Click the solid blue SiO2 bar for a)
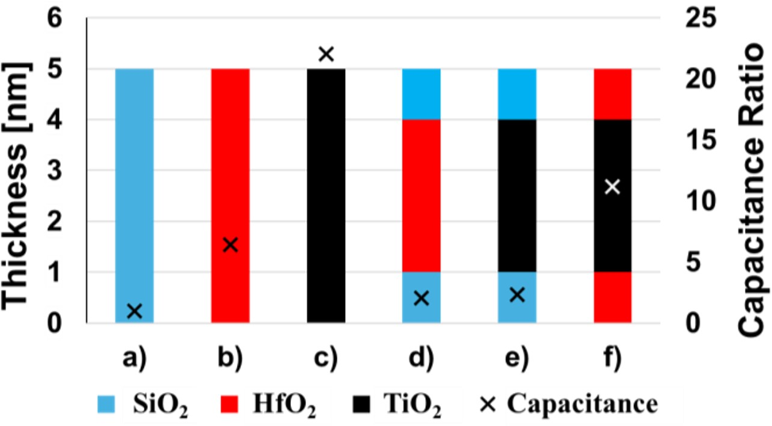point(134,180)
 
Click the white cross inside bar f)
point(612,187)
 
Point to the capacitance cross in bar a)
point(135,311)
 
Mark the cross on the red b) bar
point(230,245)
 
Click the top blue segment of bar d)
point(421,94)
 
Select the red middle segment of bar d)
point(421,195)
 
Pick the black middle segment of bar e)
point(517,195)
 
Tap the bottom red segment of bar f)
point(612,297)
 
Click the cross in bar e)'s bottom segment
point(517,295)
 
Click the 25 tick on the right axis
point(697,18)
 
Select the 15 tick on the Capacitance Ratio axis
point(697,140)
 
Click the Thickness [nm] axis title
point(24,171)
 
